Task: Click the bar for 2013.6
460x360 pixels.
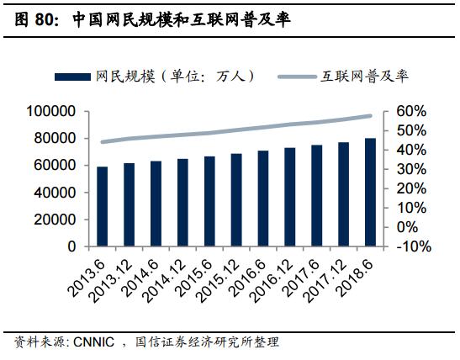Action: click(x=103, y=207)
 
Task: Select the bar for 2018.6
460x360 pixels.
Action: click(x=370, y=193)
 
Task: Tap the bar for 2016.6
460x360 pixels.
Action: click(x=263, y=199)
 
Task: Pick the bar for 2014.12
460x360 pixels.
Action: click(x=183, y=203)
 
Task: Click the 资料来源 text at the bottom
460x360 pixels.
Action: click(x=33, y=342)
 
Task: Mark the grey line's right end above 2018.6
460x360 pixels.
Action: click(x=370, y=116)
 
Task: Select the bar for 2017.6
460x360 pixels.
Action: click(x=316, y=196)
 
